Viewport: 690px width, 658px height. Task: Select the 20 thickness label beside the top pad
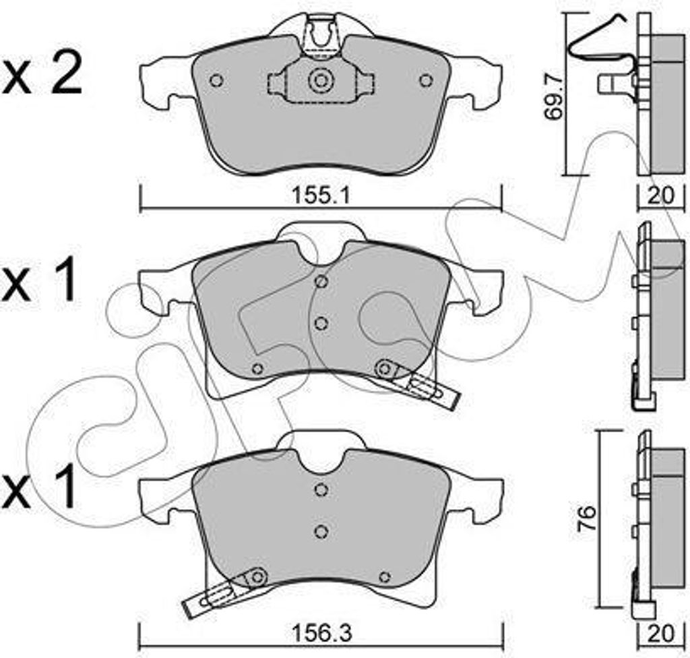click(x=660, y=196)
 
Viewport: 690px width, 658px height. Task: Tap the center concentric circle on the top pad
click(x=320, y=82)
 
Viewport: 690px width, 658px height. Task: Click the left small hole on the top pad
click(x=216, y=80)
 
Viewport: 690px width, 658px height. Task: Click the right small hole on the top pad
click(x=425, y=80)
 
